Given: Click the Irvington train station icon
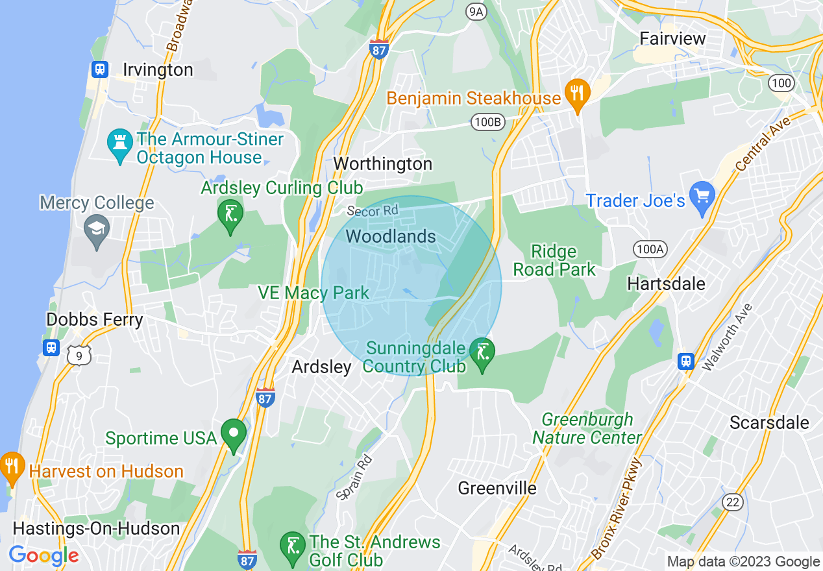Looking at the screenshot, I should click(x=99, y=69).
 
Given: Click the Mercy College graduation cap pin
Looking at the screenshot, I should click(x=97, y=230).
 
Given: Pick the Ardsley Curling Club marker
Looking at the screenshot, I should click(x=230, y=214).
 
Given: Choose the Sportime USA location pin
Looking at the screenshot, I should click(x=234, y=433).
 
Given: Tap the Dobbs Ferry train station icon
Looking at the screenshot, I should click(x=51, y=347).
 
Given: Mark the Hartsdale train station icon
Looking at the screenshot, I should click(x=686, y=361).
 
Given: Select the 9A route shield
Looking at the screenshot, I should click(x=476, y=11).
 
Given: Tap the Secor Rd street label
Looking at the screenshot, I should click(x=372, y=211).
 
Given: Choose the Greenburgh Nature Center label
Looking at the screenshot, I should click(x=587, y=428).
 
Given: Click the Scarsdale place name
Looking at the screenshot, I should click(x=769, y=422).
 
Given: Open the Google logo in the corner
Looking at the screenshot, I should click(x=43, y=555).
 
